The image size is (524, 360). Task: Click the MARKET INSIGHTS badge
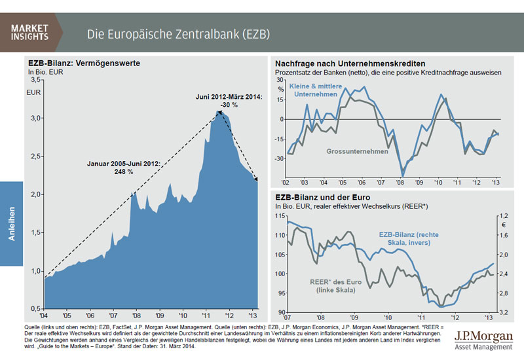pyautogui.click(x=29, y=31)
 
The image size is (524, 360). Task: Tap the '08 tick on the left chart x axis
pyautogui.click(x=136, y=314)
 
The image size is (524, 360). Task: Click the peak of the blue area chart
pyautogui.click(x=219, y=112)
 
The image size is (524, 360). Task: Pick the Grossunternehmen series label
pyautogui.click(x=356, y=152)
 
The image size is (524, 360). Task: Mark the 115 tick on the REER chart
pyautogui.click(x=280, y=215)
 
